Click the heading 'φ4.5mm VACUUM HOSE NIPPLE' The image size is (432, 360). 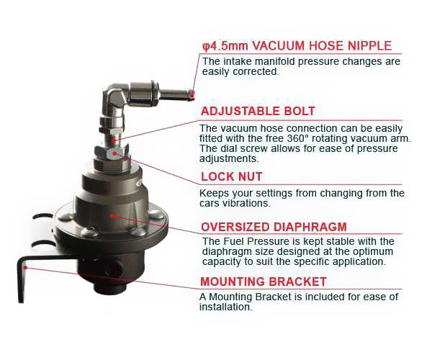pyautogui.click(x=297, y=46)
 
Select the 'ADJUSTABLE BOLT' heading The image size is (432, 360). pyautogui.click(x=258, y=112)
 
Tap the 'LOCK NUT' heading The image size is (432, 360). pyautogui.click(x=231, y=176)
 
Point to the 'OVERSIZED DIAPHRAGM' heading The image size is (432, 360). pyautogui.click(x=274, y=226)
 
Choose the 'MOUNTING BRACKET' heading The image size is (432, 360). pyautogui.click(x=264, y=282)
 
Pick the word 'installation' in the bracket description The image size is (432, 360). pyautogui.click(x=226, y=307)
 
